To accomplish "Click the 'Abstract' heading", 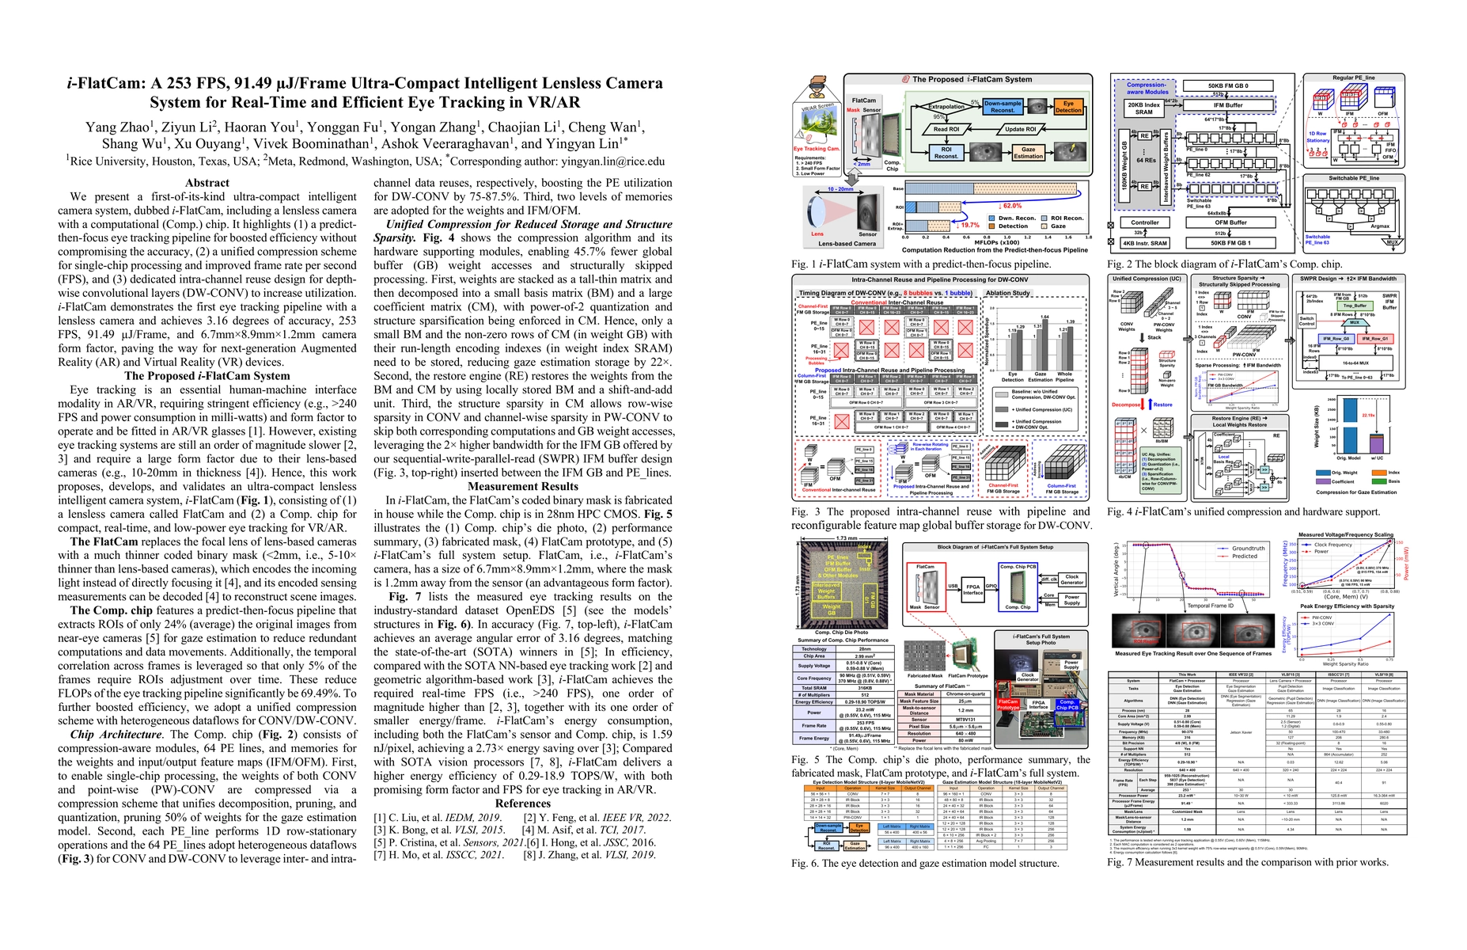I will [207, 183].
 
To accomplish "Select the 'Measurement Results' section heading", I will [523, 486].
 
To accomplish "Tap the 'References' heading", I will [523, 804].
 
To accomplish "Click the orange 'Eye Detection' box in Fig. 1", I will [1067, 107].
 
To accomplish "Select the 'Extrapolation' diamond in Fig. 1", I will [946, 107].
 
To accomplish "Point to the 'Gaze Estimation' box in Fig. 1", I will [1028, 153].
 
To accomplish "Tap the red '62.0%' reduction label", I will [1011, 206].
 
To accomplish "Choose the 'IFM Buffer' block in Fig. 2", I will [1228, 104].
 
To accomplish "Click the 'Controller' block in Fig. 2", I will [1144, 222].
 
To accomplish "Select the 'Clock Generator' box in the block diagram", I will [1071, 579].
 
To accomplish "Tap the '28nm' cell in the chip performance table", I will [864, 648].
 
